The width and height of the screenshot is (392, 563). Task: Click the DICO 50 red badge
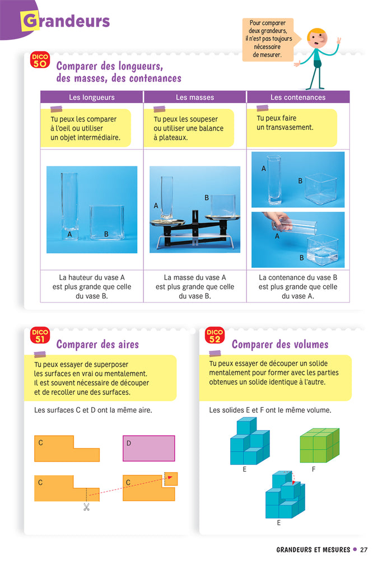[40, 60]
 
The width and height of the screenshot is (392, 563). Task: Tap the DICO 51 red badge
[40, 336]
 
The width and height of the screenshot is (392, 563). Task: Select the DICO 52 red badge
[214, 336]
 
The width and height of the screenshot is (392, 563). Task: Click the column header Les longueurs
[92, 97]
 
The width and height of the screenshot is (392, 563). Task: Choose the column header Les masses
[195, 97]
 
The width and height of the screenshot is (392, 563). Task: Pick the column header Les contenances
[298, 97]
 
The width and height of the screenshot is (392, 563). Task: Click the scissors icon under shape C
[86, 506]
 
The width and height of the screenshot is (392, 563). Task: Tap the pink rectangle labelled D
[148, 449]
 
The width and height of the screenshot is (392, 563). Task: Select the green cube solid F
[320, 445]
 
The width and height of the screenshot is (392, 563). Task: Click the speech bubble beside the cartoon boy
[268, 39]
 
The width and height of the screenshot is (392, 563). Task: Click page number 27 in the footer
[363, 550]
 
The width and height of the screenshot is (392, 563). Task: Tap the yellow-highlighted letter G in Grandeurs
[30, 21]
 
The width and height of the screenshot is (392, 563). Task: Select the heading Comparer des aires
[97, 345]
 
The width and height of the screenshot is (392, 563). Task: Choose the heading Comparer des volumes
[280, 345]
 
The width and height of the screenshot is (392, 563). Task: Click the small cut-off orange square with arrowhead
[171, 479]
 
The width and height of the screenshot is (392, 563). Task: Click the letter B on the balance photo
[207, 198]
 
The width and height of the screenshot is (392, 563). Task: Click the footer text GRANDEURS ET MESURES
[313, 550]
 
